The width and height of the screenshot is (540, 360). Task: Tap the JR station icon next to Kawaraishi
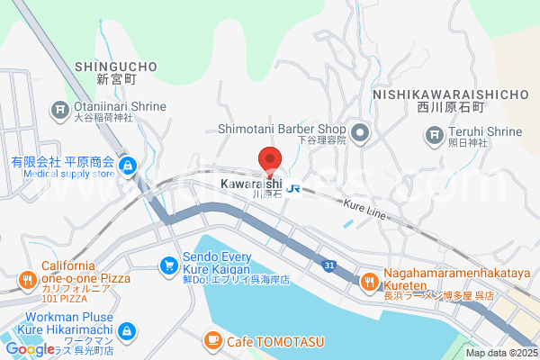click(294, 190)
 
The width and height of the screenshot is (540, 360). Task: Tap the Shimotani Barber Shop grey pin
click(361, 135)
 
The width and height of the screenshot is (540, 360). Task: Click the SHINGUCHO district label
click(116, 67)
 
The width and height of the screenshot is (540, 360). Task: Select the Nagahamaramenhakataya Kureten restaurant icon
click(369, 283)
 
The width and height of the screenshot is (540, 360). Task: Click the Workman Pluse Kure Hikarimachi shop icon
click(127, 332)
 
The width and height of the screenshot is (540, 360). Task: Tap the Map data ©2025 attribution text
click(499, 353)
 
